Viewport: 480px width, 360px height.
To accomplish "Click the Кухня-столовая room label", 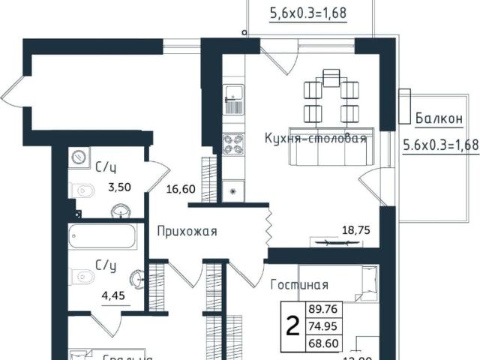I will click(315, 139).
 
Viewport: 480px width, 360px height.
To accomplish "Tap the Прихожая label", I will click(187, 232).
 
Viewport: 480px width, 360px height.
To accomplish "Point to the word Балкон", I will click(438, 118).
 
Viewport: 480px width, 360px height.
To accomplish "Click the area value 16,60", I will click(181, 189).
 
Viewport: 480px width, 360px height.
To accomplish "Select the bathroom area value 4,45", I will click(112, 295).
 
